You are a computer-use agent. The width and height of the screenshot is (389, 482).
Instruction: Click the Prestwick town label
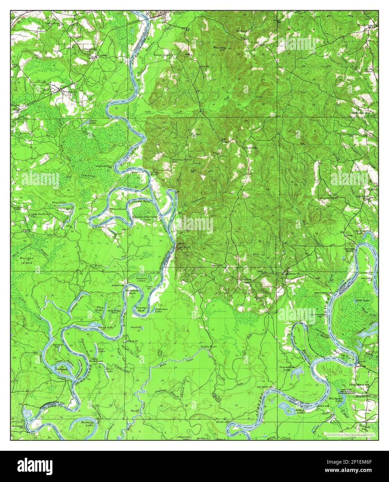point(64,91)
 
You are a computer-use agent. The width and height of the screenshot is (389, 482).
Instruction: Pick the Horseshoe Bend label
point(132,291)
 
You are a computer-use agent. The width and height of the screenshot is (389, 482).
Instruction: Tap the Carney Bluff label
point(154,173)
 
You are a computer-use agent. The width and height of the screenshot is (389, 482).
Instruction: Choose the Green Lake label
point(106,327)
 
